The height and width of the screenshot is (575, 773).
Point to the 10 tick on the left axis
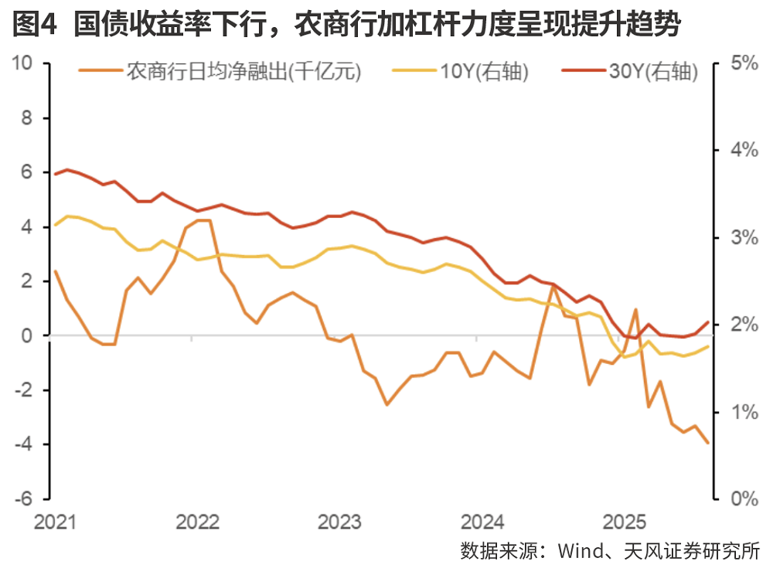pyautogui.click(x=23, y=63)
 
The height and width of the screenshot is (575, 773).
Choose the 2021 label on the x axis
pyautogui.click(x=55, y=522)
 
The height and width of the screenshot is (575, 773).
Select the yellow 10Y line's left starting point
pyautogui.click(x=55, y=226)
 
